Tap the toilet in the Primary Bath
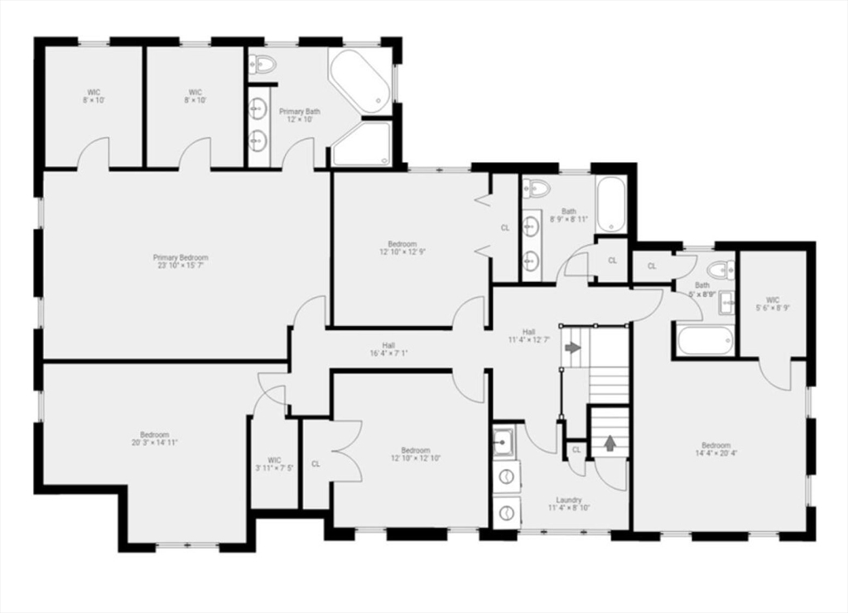tap(263, 64)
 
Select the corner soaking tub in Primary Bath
tap(360, 81)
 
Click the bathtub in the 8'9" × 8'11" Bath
tap(612, 205)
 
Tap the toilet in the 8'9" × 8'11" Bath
tap(537, 189)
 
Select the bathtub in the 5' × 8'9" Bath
tap(705, 340)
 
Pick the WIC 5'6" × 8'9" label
tap(773, 304)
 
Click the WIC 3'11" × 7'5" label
tap(275, 463)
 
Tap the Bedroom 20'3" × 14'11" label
tap(154, 438)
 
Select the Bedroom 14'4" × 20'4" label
tap(716, 449)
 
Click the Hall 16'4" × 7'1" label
tap(388, 349)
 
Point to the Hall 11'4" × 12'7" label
tap(528, 335)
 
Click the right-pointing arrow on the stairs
tap(572, 347)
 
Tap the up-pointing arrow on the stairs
tap(610, 443)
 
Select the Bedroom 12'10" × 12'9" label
tap(402, 248)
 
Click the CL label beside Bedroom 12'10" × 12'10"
tap(316, 464)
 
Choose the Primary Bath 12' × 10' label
tap(299, 115)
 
